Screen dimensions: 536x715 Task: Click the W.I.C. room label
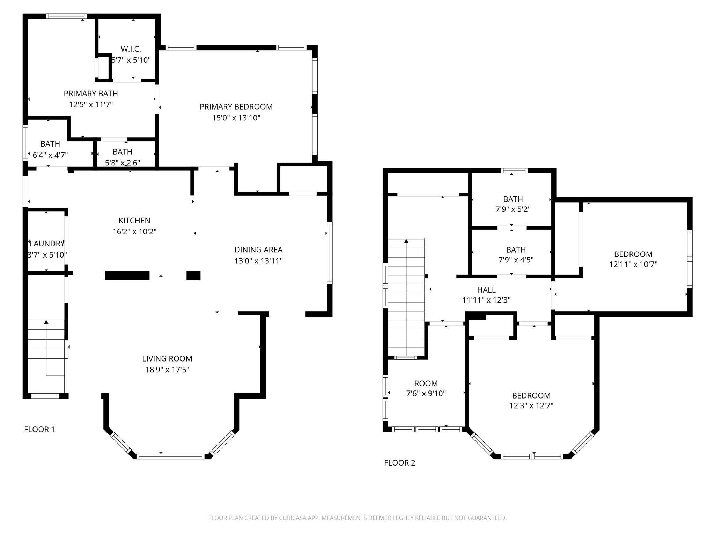pyautogui.click(x=131, y=49)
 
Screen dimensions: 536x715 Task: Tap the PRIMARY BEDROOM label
pyautogui.click(x=236, y=107)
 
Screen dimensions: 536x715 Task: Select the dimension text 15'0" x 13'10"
pyautogui.click(x=236, y=118)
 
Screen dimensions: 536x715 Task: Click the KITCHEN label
pyautogui.click(x=134, y=221)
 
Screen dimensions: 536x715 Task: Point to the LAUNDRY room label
pyautogui.click(x=47, y=244)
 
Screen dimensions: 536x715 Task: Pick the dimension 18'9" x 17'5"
pyautogui.click(x=167, y=370)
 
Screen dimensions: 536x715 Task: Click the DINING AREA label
pyautogui.click(x=258, y=250)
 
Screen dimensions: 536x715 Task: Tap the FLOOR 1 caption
pyautogui.click(x=39, y=430)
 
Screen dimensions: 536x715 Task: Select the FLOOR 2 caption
pyautogui.click(x=400, y=463)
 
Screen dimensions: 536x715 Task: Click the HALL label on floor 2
pyautogui.click(x=486, y=290)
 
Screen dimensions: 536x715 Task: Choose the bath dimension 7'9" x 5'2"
pyautogui.click(x=513, y=209)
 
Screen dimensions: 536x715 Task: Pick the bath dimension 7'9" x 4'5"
pyautogui.click(x=516, y=260)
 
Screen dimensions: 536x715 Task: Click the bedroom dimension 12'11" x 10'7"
pyautogui.click(x=633, y=265)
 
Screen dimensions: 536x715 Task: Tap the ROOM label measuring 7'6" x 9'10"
pyautogui.click(x=426, y=384)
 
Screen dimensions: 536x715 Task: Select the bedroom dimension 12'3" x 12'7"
pyautogui.click(x=531, y=406)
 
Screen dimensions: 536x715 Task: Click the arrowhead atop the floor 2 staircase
pyautogui.click(x=406, y=241)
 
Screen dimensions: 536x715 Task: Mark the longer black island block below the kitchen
pyautogui.click(x=127, y=276)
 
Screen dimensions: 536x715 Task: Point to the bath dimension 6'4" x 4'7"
pyautogui.click(x=50, y=155)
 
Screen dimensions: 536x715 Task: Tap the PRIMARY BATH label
pyautogui.click(x=91, y=94)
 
